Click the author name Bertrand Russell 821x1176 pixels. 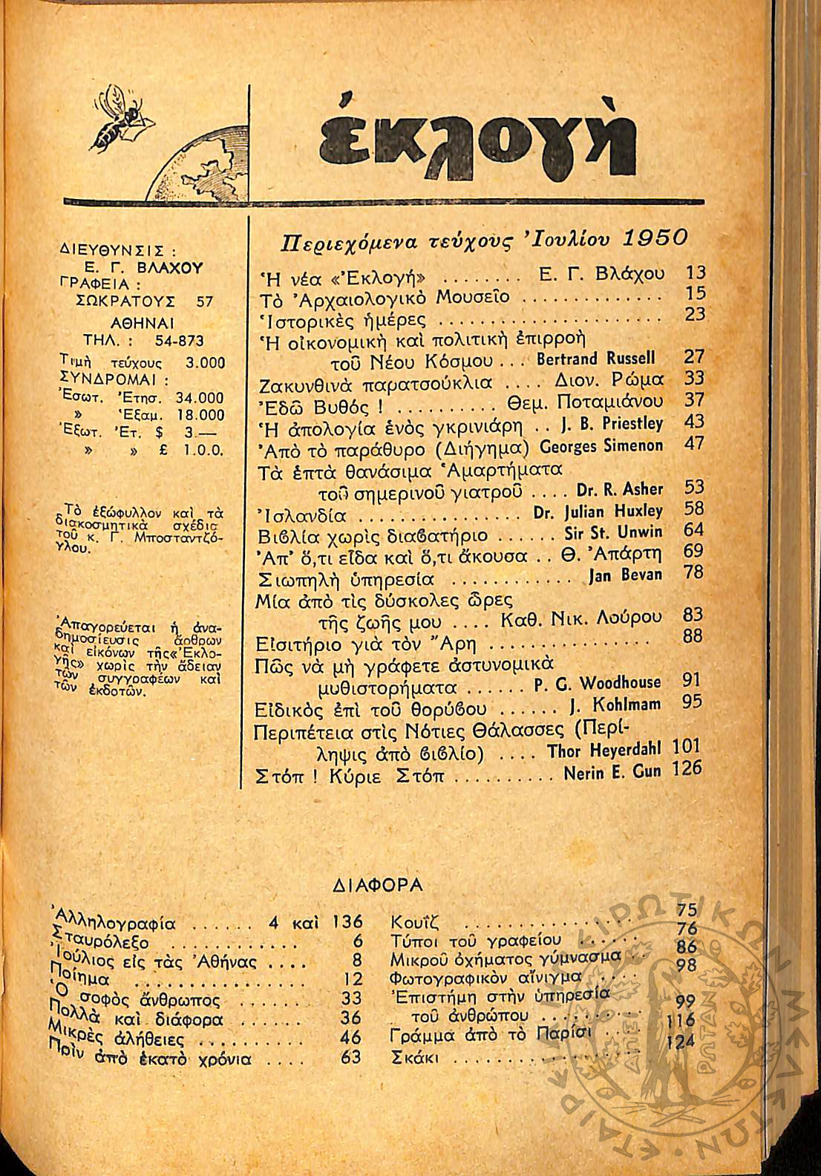pos(595,359)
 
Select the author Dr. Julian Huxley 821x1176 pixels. pos(598,512)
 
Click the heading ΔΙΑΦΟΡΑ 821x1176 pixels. pos(378,884)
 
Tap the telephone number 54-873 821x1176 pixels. pos(179,341)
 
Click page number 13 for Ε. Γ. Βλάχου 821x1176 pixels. pos(696,273)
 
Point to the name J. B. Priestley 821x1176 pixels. pos(612,424)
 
